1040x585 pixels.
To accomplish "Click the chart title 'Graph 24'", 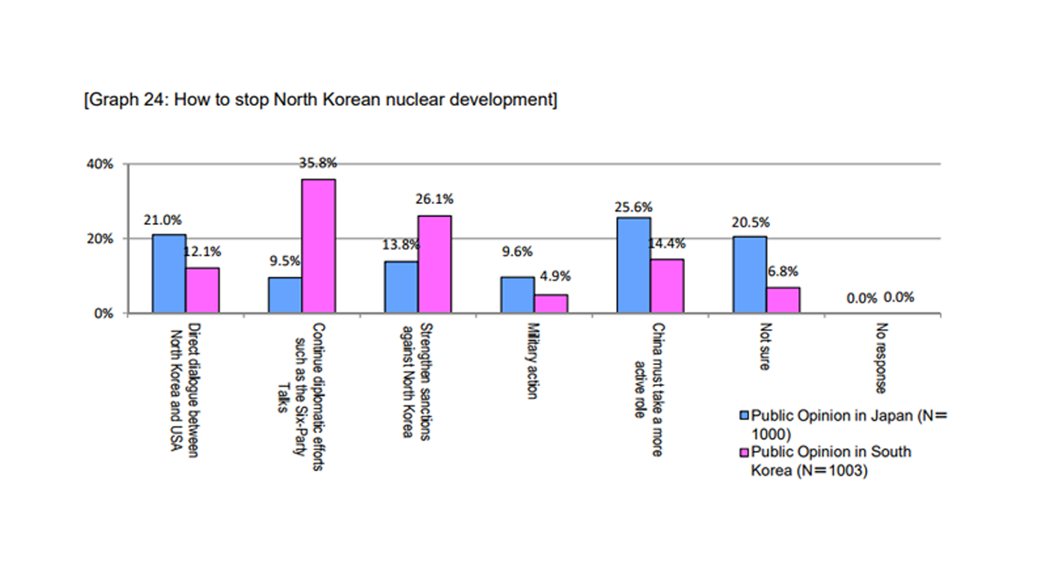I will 320,99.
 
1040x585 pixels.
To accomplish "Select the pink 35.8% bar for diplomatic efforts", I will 318,246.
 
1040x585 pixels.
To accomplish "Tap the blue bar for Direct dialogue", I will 169,274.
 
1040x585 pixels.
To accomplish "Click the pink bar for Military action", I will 551,304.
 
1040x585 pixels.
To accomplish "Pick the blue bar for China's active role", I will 634,265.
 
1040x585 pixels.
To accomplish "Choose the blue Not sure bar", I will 749,274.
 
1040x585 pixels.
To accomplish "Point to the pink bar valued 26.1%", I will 434,264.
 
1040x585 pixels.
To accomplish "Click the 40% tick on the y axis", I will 100,164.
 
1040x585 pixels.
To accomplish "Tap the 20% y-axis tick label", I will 100,239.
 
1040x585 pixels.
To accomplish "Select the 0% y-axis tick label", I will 104,314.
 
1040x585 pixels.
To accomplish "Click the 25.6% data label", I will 633,207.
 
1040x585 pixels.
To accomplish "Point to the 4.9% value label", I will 555,276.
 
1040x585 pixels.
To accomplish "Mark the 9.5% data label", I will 285,261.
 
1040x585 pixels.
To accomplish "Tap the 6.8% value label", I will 783,272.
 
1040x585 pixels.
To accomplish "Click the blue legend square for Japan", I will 744,415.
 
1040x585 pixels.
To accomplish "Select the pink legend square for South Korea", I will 744,452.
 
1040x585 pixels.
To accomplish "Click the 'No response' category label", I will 881,358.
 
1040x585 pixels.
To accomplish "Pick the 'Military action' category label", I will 532,361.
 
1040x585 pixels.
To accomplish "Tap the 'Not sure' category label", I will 765,346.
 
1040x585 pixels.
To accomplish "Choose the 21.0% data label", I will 162,220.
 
